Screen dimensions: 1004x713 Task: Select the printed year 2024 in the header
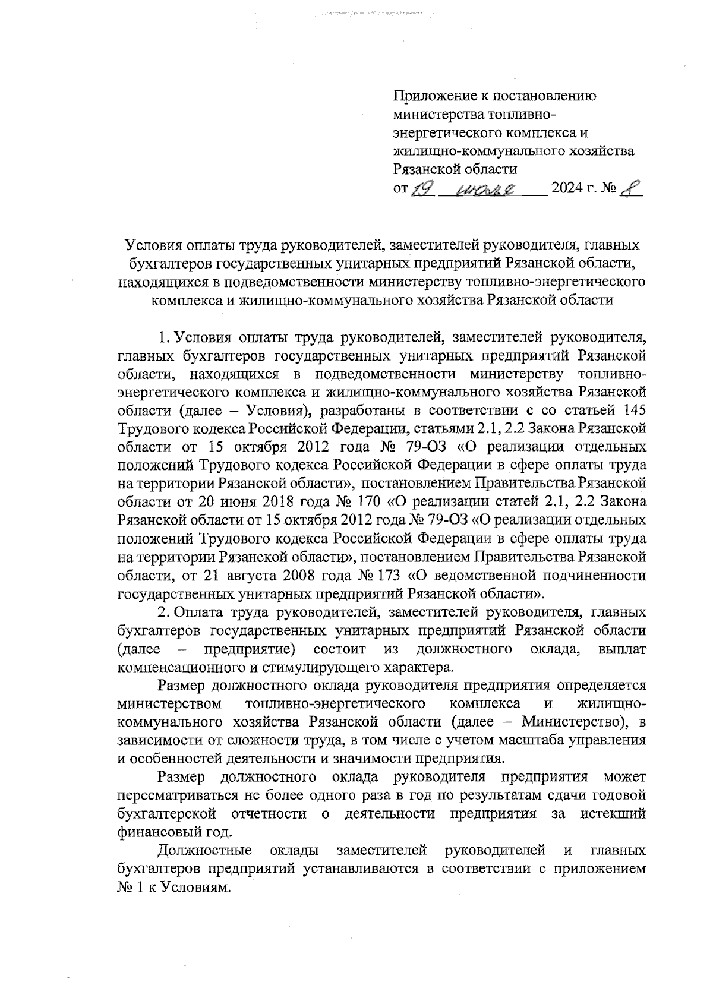pos(569,189)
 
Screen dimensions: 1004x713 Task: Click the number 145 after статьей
pos(632,411)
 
